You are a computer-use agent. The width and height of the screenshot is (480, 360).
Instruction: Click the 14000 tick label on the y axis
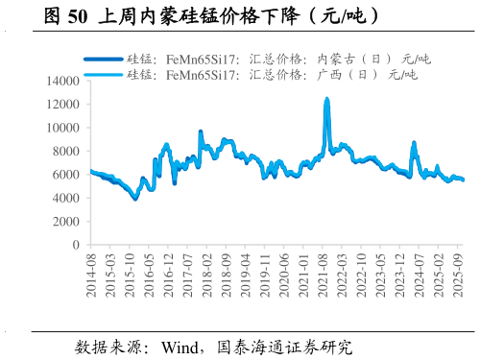pyautogui.click(x=64, y=81)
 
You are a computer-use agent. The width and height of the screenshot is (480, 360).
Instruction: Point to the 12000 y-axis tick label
pyautogui.click(x=64, y=104)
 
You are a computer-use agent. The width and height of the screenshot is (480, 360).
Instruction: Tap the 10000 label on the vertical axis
pyautogui.click(x=64, y=128)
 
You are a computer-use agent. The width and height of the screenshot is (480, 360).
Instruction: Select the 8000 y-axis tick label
pyautogui.click(x=68, y=151)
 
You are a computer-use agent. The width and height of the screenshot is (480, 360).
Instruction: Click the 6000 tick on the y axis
pyautogui.click(x=68, y=175)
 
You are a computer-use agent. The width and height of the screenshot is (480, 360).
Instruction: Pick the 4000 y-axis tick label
pyautogui.click(x=68, y=198)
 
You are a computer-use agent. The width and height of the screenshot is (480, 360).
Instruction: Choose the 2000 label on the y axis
pyautogui.click(x=68, y=221)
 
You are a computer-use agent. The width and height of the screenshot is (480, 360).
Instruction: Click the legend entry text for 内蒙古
pyautogui.click(x=273, y=59)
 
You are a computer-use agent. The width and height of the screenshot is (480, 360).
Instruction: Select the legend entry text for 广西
pyautogui.click(x=273, y=73)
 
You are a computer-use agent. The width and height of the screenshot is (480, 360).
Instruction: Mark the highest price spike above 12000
pyautogui.click(x=327, y=99)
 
